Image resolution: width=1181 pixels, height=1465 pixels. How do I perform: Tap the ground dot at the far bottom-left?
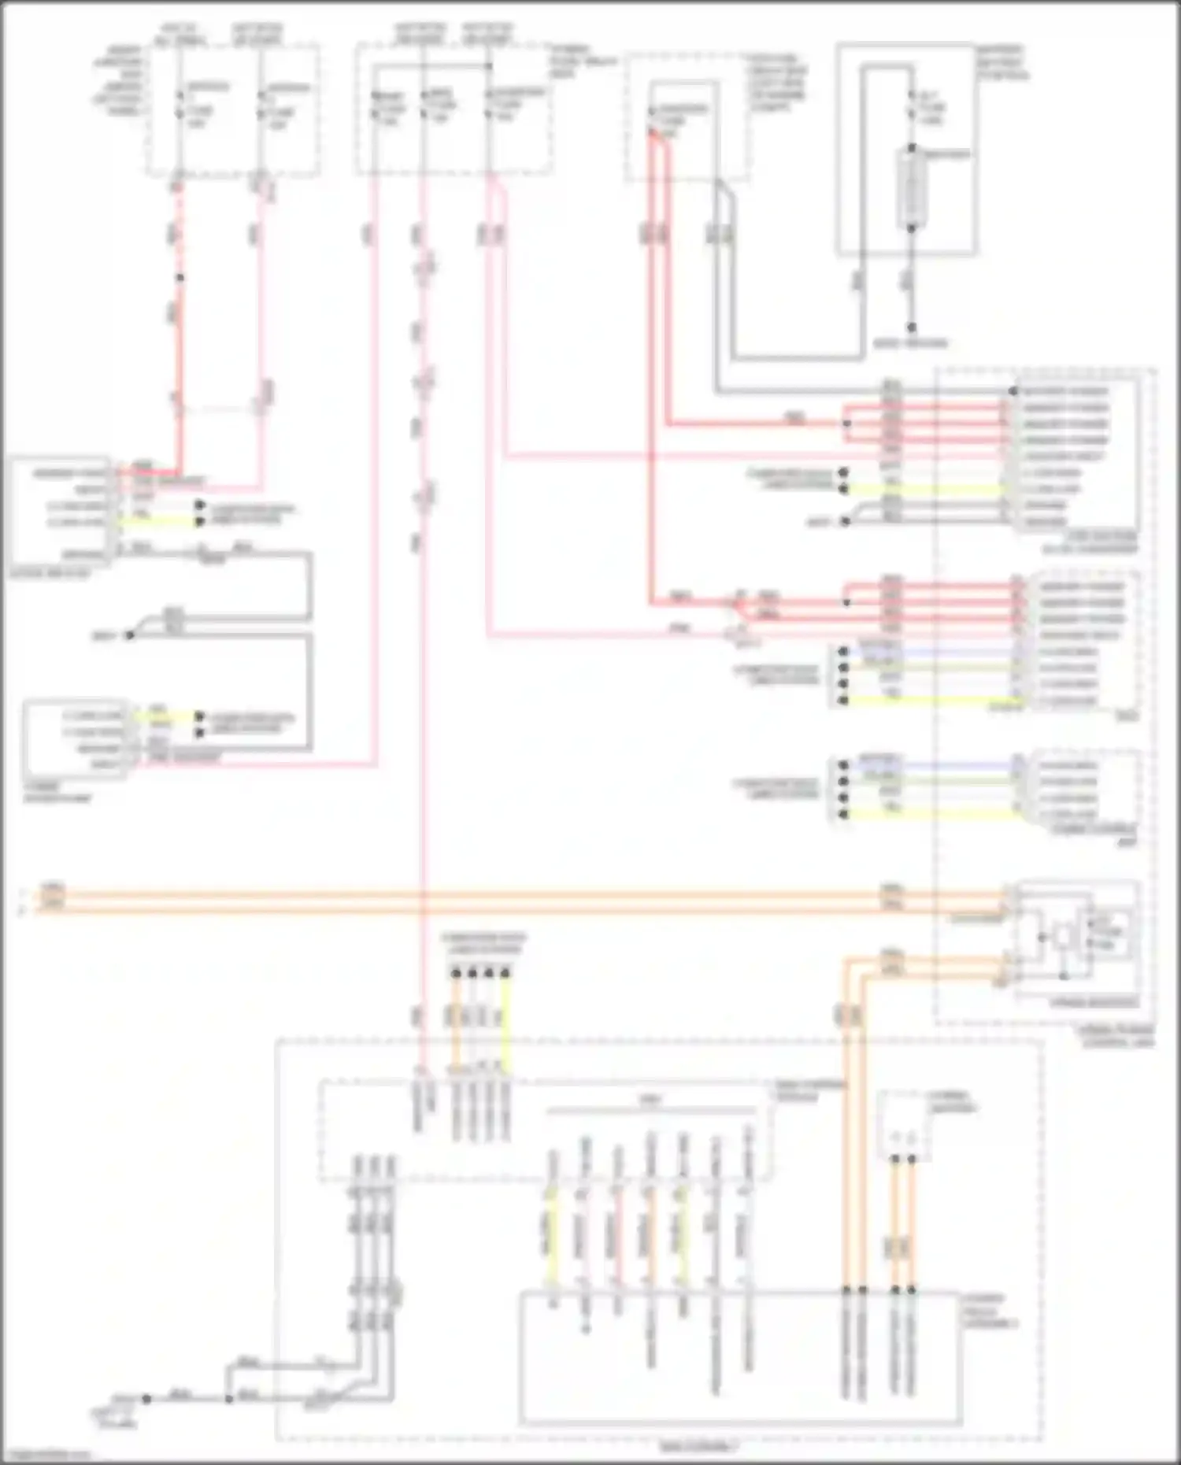[146, 1399]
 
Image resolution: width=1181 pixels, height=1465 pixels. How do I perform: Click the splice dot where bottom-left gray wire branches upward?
[228, 1399]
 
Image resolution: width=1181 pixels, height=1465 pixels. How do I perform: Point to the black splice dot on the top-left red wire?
[180, 278]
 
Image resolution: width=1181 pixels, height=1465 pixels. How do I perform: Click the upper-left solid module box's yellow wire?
[157, 521]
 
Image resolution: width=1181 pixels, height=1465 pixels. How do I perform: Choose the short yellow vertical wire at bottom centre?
[505, 1023]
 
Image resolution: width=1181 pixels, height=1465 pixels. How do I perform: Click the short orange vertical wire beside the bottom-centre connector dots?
[455, 1023]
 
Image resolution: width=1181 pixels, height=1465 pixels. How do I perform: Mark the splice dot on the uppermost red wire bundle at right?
[847, 424]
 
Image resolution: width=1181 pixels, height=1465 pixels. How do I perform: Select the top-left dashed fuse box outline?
[232, 110]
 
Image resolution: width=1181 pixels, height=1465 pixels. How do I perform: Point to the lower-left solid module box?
[75, 738]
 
